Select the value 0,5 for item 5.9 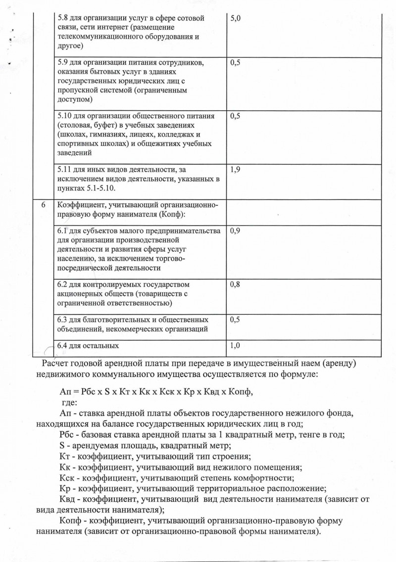pyautogui.click(x=235, y=63)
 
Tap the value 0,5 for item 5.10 pyautogui.click(x=235, y=116)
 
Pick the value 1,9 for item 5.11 pyautogui.click(x=235, y=170)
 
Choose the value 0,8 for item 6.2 pyautogui.click(x=235, y=285)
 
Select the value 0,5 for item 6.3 pyautogui.click(x=235, y=320)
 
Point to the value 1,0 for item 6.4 pyautogui.click(x=235, y=345)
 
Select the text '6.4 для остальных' pyautogui.click(x=88, y=345)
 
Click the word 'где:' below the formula pyautogui.click(x=69, y=402)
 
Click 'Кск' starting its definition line pyautogui.click(x=66, y=477)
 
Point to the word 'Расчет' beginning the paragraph pyautogui.click(x=56, y=364)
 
